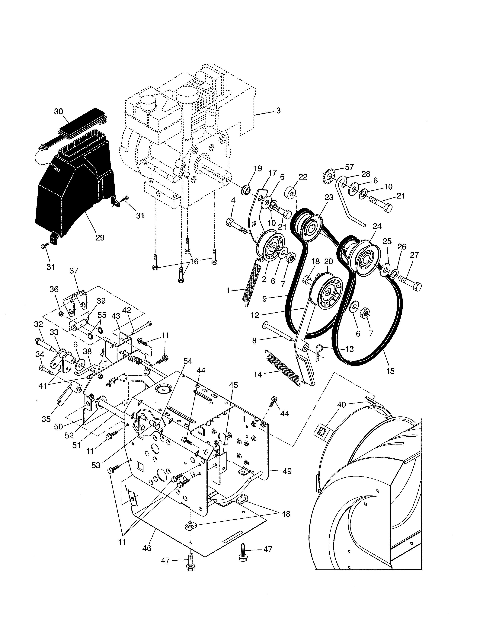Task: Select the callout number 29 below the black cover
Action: coord(100,237)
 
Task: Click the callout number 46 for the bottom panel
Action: coord(147,548)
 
